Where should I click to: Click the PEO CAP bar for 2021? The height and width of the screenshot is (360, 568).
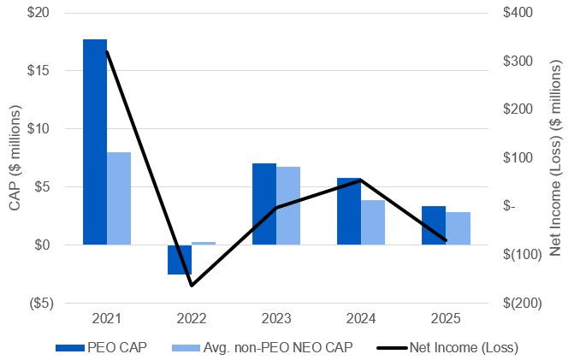click(95, 142)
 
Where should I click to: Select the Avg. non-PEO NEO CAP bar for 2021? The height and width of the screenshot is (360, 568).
click(119, 198)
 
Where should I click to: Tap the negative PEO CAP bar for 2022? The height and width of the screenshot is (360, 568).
click(180, 259)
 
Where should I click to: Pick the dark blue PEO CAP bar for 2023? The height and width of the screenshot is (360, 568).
click(264, 204)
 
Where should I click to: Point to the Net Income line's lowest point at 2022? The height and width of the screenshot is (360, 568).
click(192, 286)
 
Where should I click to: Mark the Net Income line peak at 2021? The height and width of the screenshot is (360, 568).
click(107, 52)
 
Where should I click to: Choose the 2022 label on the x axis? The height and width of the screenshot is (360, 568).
click(192, 319)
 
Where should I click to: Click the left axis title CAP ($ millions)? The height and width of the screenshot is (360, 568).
click(14, 158)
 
